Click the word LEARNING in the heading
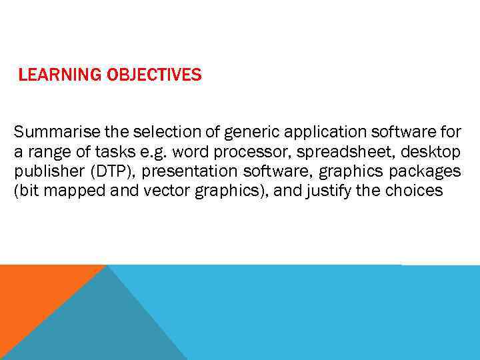click(x=60, y=75)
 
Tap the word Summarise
click(x=50, y=131)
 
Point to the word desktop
click(x=430, y=151)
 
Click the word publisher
click(x=44, y=171)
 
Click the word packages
click(x=426, y=171)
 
